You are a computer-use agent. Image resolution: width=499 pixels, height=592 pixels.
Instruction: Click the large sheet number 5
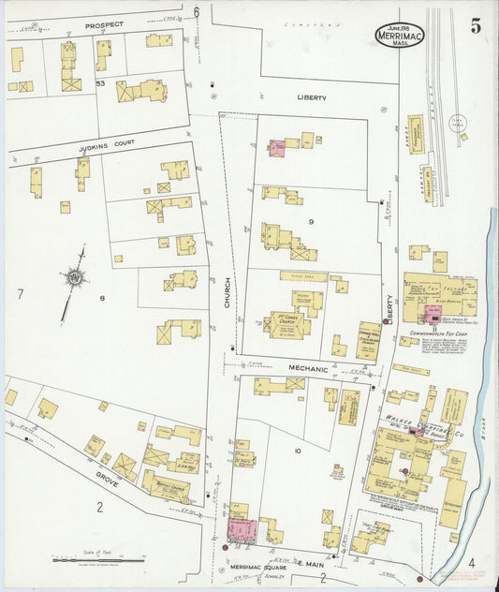tap(476, 26)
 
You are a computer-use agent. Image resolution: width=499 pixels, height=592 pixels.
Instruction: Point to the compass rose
tap(73, 277)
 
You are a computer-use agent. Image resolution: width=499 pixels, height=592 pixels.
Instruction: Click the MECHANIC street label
tap(308, 368)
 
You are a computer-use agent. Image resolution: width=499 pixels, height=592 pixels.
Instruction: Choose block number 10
tap(297, 451)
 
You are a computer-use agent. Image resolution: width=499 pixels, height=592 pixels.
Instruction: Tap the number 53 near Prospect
tap(100, 83)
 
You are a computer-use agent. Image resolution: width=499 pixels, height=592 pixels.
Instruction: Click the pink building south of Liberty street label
tap(278, 148)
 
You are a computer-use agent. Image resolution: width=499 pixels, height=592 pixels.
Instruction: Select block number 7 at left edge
tap(19, 294)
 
